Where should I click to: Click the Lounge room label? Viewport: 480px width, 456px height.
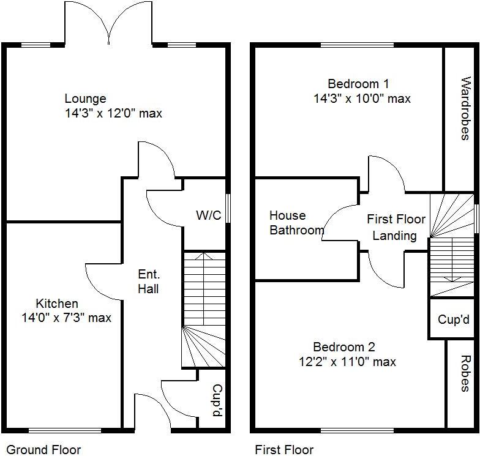pos(85,99)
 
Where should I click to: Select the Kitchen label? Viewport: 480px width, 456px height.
pos(57,304)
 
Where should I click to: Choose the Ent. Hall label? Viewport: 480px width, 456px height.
pos(148,281)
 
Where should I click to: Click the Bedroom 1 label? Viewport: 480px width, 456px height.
pos(358,84)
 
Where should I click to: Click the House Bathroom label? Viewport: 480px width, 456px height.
pos(297,223)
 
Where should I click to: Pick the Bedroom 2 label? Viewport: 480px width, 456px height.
pos(344,347)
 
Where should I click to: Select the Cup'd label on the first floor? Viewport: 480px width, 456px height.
pos(454,320)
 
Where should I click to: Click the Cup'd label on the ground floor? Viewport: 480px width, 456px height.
pos(216,401)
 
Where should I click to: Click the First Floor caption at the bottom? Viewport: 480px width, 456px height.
pos(284,450)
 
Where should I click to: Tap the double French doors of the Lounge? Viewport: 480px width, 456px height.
pos(108,24)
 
